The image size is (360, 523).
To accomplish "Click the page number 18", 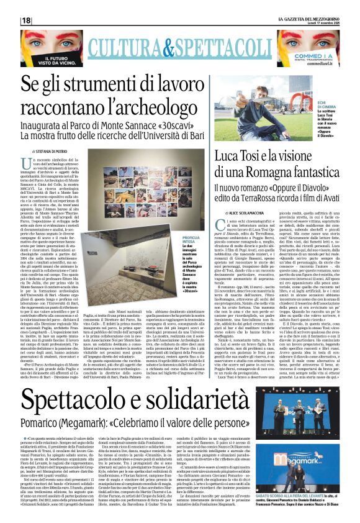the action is click(26, 20).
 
